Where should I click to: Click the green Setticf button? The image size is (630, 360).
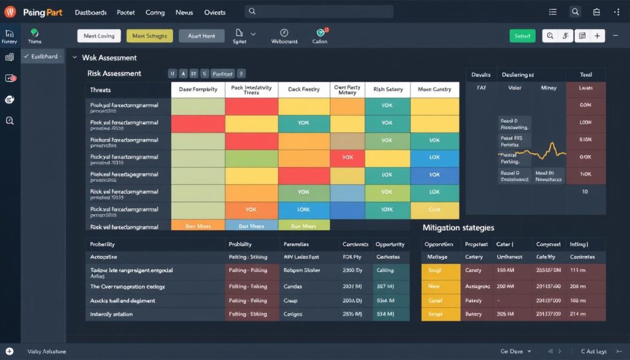coord(522,36)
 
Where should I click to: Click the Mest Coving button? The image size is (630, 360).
coord(98,36)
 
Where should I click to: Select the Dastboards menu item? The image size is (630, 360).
coord(90,12)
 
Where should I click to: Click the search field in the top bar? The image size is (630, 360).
coord(319,12)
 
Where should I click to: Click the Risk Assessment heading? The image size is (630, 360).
coord(114,73)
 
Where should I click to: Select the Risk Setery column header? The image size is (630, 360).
coord(388,89)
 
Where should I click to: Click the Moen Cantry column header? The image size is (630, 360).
coord(434,89)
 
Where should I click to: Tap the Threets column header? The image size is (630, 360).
coord(101,89)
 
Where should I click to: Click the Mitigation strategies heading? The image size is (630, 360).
coord(458,228)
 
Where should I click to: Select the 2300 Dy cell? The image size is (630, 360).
coord(353,270)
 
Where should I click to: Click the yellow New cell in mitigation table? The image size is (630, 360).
coord(434,286)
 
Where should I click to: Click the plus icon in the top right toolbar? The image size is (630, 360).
coord(597,36)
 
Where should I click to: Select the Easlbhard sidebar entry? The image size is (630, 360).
coord(43,56)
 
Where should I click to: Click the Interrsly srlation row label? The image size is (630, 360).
coord(112,314)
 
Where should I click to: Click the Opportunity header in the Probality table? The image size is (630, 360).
coord(389,244)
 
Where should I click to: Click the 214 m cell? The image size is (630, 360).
coord(578,314)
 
